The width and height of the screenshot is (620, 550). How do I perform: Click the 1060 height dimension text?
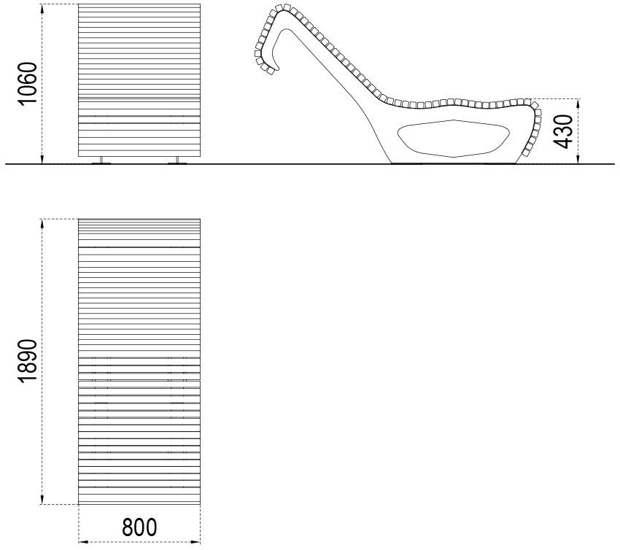point(27,83)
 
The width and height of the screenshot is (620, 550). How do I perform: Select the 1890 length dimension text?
point(27,360)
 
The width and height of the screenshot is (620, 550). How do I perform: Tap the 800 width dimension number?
point(139,527)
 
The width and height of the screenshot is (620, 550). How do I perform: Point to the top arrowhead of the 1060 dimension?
point(42,9)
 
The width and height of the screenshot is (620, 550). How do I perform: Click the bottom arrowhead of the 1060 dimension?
point(42,159)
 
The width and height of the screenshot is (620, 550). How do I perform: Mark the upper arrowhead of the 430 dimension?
point(578,104)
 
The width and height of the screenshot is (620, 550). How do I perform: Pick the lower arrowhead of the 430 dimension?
point(578,159)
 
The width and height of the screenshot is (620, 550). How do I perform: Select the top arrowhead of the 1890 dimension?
point(42,224)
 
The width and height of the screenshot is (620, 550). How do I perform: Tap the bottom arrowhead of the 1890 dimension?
point(42,500)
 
